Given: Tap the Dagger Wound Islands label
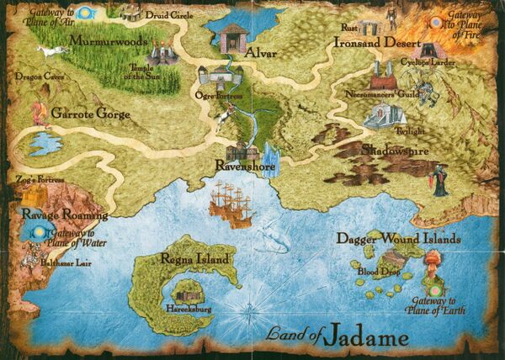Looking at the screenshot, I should click(x=399, y=238).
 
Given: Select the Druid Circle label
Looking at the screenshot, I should click(x=160, y=14).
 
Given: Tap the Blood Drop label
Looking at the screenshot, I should click(x=373, y=273).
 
